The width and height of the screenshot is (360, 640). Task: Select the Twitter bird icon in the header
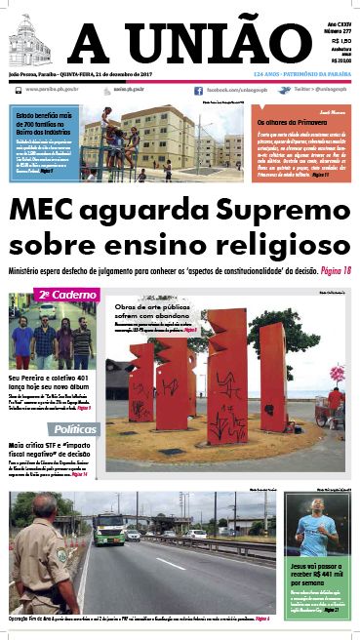click(x=283, y=90)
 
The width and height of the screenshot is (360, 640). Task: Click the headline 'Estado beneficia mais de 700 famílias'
click(x=44, y=123)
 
